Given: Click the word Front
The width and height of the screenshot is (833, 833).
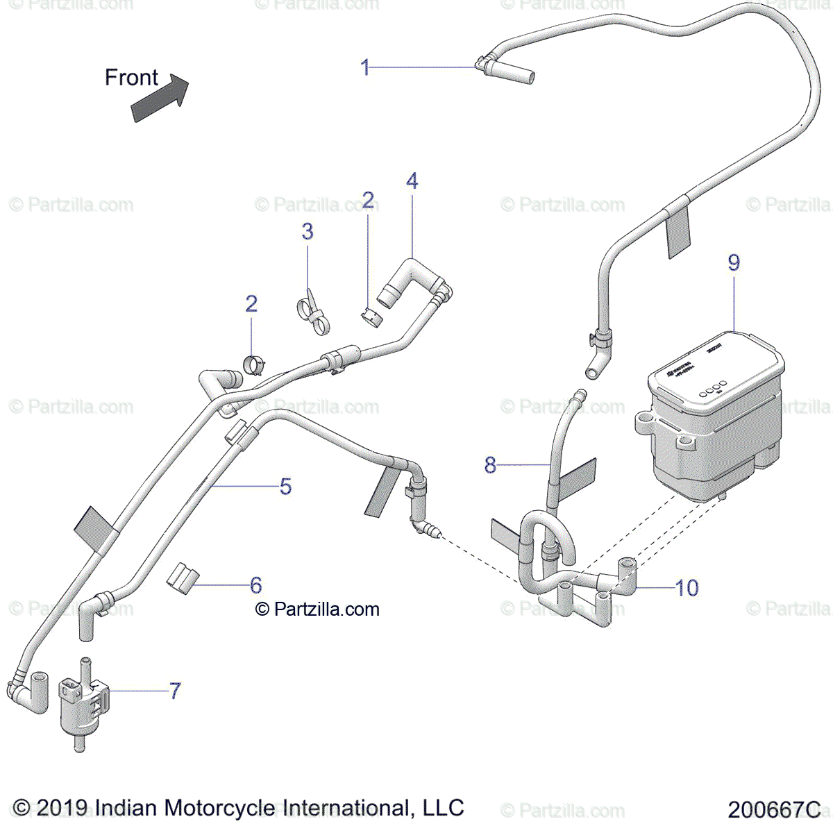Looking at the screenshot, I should [x=131, y=77].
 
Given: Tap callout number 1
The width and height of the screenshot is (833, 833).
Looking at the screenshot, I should [x=365, y=67].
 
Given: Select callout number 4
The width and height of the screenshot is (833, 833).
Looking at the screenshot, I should [x=412, y=181].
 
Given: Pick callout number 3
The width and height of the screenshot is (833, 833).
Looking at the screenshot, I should [x=308, y=231].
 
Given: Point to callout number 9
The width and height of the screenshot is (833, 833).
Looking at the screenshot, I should [x=734, y=262].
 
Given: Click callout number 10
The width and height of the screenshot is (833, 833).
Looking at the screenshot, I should [x=687, y=588].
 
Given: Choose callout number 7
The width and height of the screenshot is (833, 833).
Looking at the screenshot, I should [x=175, y=691].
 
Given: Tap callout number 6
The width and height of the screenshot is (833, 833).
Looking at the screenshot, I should [x=256, y=585].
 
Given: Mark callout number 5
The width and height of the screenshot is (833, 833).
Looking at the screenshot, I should [x=285, y=486].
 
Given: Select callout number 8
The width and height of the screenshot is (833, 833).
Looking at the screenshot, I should [x=491, y=464].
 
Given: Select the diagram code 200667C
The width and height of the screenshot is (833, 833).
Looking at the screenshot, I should [x=774, y=809].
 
